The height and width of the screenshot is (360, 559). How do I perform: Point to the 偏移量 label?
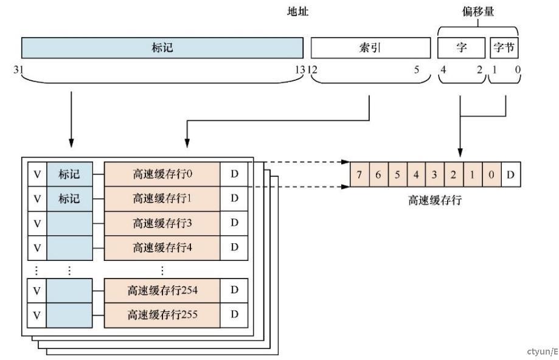click(477, 12)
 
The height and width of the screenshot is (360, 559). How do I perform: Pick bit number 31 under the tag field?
click(18, 69)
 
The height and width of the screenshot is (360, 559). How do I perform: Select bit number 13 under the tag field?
click(299, 69)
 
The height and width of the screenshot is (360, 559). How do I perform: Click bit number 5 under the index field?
click(417, 69)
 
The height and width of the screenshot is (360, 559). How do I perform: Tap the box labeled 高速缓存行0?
click(162, 175)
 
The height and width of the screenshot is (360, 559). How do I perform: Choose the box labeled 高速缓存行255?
click(162, 314)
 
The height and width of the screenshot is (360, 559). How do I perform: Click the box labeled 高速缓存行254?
click(162, 291)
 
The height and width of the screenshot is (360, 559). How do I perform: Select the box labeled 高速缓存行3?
click(162, 223)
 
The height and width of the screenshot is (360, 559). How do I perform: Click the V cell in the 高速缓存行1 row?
click(37, 199)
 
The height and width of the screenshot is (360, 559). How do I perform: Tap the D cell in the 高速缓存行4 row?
click(234, 246)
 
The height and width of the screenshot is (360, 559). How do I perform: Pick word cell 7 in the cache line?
click(359, 175)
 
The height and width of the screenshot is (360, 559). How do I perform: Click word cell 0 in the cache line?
click(491, 175)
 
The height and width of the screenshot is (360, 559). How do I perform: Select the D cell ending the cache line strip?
click(510, 175)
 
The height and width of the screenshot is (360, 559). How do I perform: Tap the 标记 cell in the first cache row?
click(69, 175)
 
